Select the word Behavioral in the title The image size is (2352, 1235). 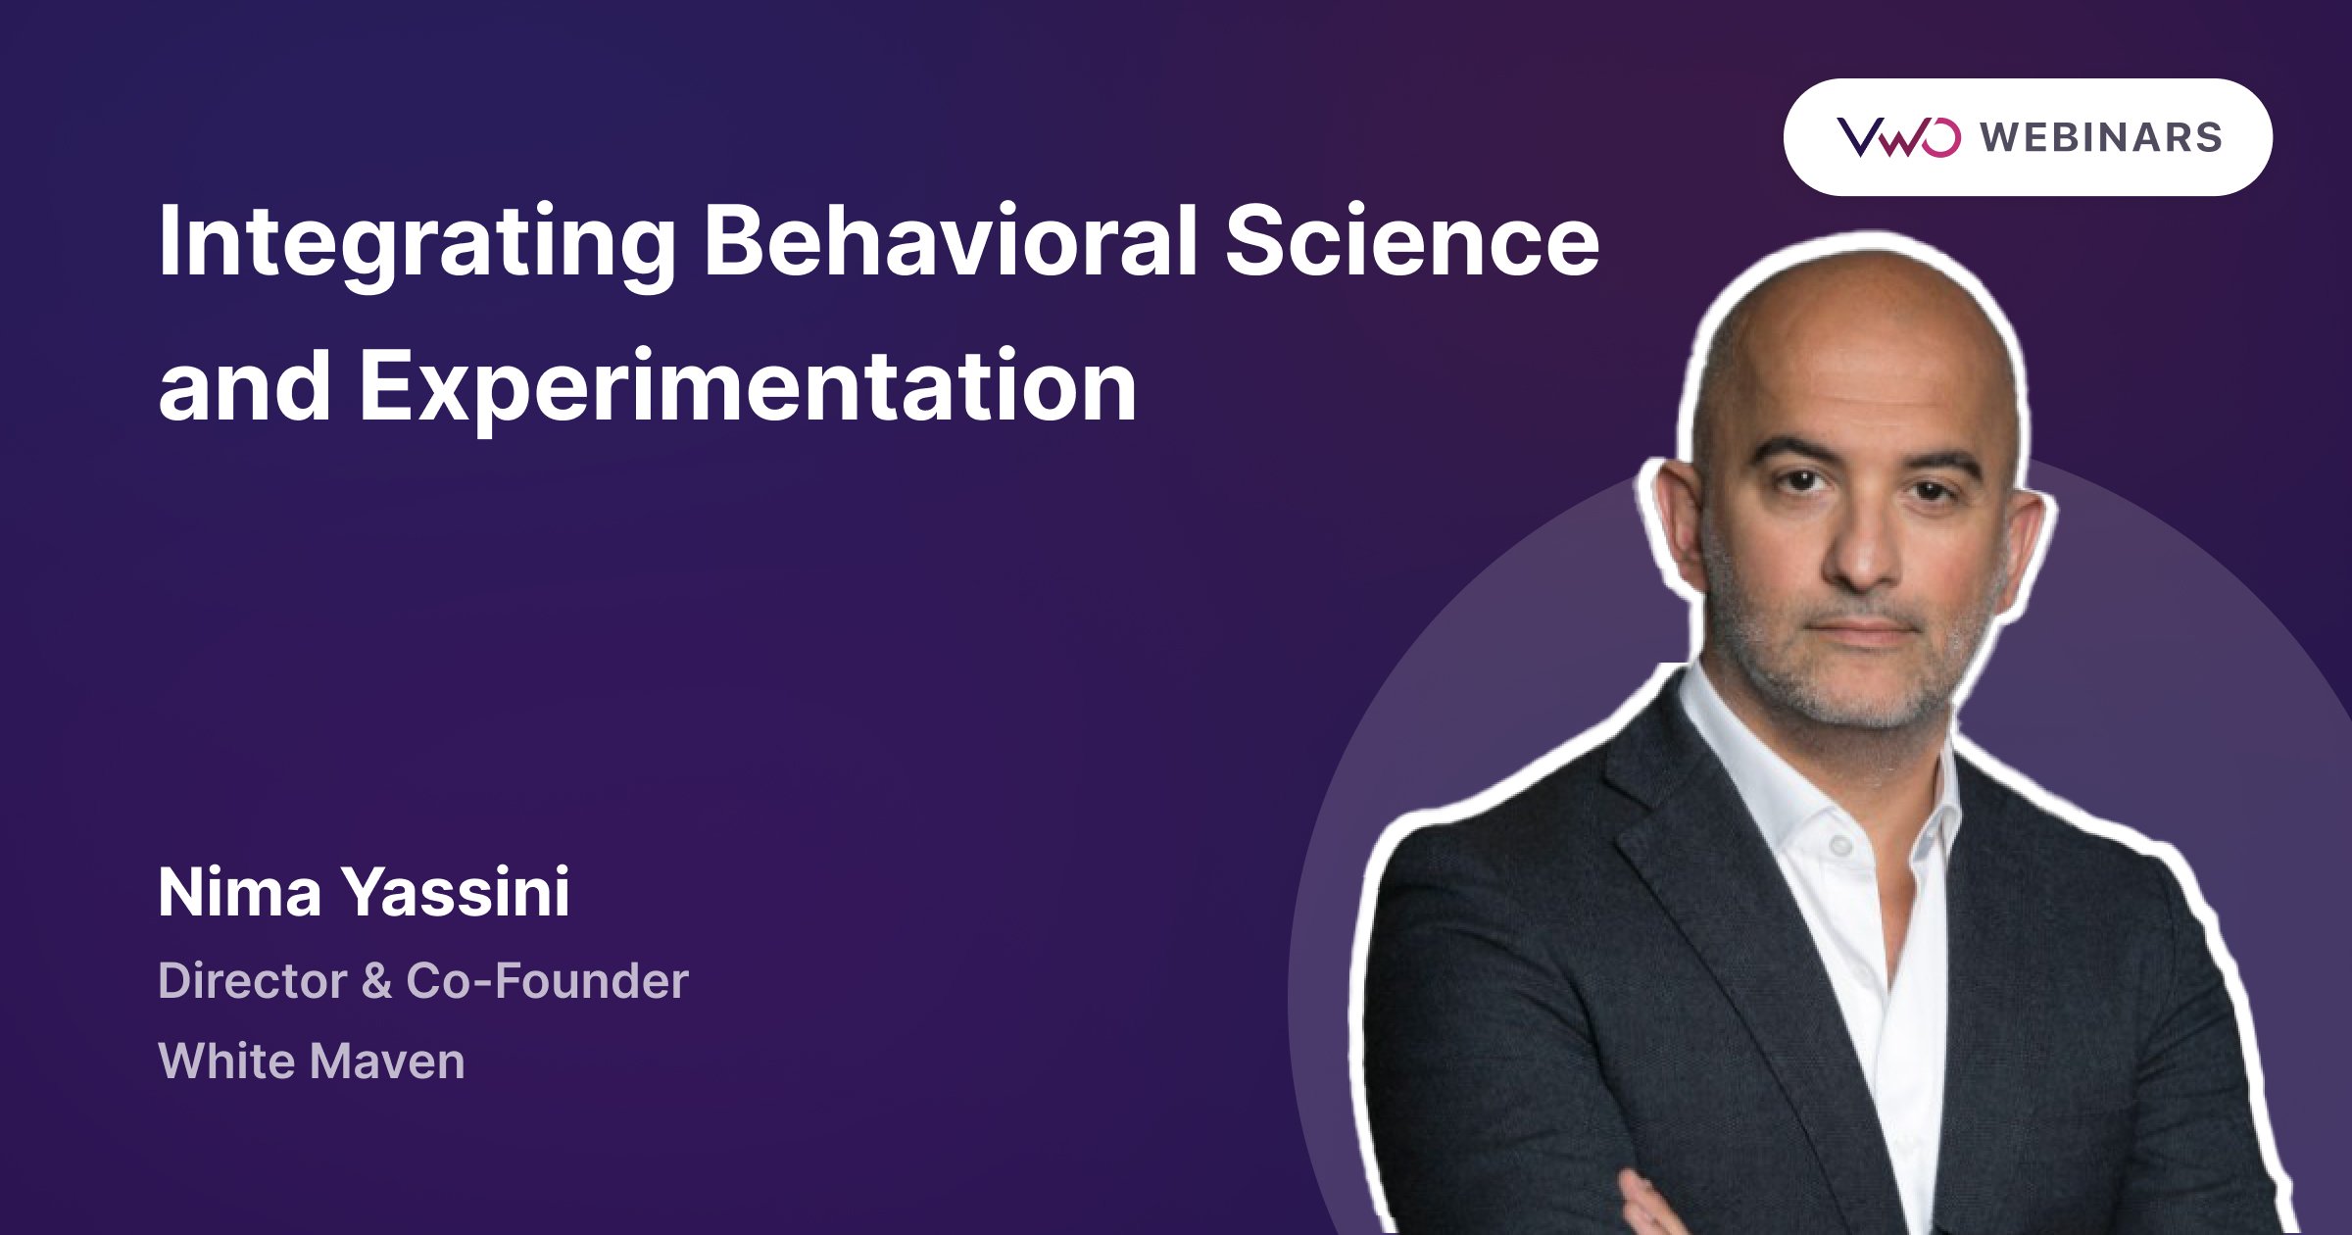coord(950,242)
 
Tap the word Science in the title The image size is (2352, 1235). coord(1411,242)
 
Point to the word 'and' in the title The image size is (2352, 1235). coord(244,387)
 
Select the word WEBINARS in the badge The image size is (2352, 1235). coord(2101,137)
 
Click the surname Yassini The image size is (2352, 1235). coord(455,893)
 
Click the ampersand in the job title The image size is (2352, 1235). coord(376,981)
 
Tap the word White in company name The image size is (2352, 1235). coord(224,1062)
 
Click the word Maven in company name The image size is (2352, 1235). coord(386,1062)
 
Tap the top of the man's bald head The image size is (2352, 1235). coord(1852,284)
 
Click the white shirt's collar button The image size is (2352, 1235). coord(1839,844)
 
